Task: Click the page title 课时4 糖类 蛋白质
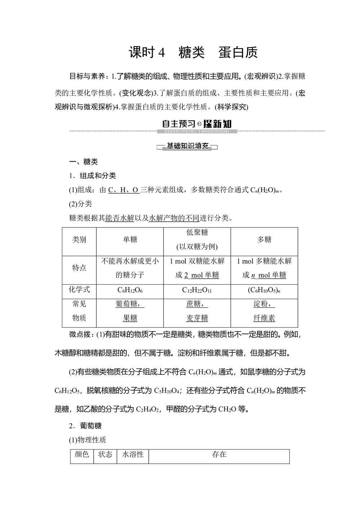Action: [193, 53]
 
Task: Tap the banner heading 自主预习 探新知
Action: [197, 124]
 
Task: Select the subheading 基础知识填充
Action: [188, 146]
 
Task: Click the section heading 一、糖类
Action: [84, 162]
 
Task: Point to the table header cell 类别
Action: [79, 240]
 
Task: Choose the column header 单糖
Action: [130, 240]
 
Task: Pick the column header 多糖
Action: [264, 240]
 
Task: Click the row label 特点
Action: [79, 268]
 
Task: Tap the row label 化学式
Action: [79, 289]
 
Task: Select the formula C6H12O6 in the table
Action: [130, 290]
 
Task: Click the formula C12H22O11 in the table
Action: [197, 290]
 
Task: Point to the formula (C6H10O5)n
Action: [264, 290]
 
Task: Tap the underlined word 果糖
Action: [130, 318]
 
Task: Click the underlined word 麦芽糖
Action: [197, 318]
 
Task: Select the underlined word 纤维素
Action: [264, 318]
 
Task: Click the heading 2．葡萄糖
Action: [85, 426]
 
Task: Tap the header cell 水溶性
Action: [133, 455]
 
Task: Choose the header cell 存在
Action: [219, 455]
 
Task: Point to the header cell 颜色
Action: [82, 455]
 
